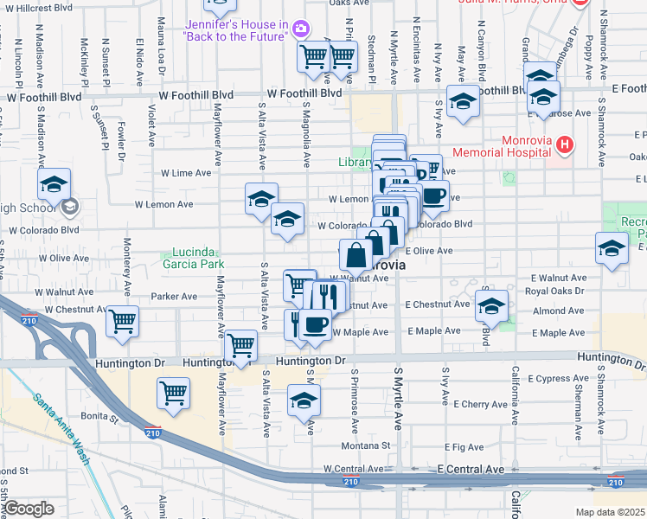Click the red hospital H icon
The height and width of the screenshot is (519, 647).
[565, 143]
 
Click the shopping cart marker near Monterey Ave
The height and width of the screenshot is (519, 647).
[123, 321]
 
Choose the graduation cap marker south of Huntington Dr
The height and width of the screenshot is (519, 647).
[304, 400]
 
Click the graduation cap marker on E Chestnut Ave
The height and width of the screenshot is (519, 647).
[491, 305]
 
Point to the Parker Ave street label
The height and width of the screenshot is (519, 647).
[175, 296]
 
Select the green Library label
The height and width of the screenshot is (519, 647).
[355, 162]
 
